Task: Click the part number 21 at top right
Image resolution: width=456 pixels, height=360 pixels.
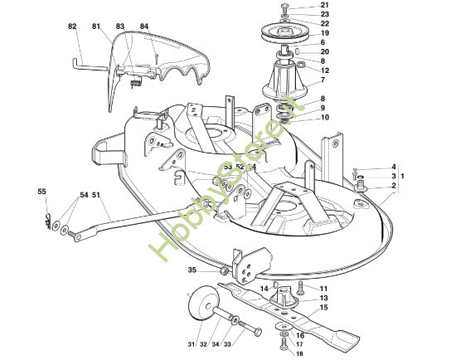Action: point(325,6)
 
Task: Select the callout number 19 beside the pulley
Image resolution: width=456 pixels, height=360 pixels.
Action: point(325,33)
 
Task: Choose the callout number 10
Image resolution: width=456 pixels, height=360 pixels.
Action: point(325,118)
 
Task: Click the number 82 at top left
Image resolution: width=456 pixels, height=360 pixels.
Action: point(71,26)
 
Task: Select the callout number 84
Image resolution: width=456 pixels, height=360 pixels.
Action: point(144,26)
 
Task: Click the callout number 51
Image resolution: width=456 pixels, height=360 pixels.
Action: point(95,195)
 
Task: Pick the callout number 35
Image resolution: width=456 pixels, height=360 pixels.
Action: point(192,270)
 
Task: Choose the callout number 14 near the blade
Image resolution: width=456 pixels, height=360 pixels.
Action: point(264,289)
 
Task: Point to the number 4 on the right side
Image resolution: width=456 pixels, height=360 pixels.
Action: point(394,167)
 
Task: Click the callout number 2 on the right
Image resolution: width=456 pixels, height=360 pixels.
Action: point(394,186)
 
